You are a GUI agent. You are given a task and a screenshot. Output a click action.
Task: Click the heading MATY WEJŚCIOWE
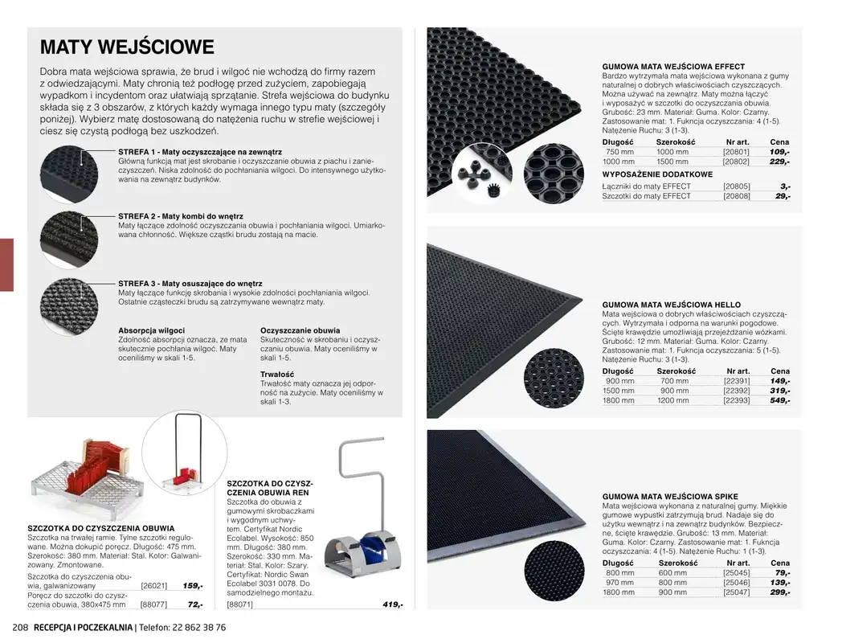tap(127, 47)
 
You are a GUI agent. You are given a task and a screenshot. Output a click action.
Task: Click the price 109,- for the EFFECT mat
tap(779, 151)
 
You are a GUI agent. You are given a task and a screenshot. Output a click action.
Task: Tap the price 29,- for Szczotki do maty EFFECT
tap(783, 196)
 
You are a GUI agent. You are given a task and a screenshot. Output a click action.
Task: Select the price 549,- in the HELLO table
tap(779, 400)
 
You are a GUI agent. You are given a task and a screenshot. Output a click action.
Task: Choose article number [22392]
tap(736, 391)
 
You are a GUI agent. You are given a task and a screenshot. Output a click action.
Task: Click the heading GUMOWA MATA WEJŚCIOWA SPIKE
tap(670, 497)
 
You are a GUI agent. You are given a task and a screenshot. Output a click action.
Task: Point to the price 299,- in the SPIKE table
tap(779, 592)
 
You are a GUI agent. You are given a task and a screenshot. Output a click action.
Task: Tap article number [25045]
tap(736, 573)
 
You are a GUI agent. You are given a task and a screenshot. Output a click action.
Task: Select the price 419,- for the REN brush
tap(392, 604)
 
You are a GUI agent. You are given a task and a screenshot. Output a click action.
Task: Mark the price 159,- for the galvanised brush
tap(193, 587)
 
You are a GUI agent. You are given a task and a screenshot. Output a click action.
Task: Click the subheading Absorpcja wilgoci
tap(152, 330)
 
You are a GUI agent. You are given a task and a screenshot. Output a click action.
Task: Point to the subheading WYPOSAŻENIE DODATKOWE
tap(657, 174)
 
